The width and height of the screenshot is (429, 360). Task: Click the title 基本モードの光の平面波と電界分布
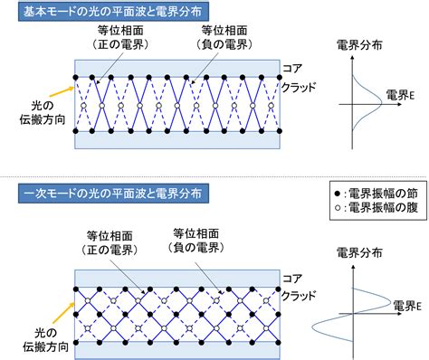pyautogui.click(x=113, y=12)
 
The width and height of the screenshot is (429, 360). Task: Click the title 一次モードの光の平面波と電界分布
pyautogui.click(x=113, y=194)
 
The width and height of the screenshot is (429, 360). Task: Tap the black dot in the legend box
pyautogui.click(x=338, y=194)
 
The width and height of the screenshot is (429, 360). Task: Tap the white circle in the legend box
pyautogui.click(x=338, y=208)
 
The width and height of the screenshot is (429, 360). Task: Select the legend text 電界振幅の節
pyautogui.click(x=383, y=194)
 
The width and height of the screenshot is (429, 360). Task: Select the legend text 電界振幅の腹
pyautogui.click(x=383, y=208)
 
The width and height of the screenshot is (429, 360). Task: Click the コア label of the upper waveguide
pyautogui.click(x=292, y=69)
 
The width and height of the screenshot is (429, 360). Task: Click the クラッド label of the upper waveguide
pyautogui.click(x=299, y=88)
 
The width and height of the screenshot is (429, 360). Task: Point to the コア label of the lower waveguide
pyautogui.click(x=292, y=279)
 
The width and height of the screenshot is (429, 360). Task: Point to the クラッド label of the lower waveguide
pyautogui.click(x=299, y=296)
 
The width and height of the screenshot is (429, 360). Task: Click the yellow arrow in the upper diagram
pyautogui.click(x=62, y=92)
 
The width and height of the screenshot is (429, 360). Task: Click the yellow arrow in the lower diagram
pyautogui.click(x=63, y=313)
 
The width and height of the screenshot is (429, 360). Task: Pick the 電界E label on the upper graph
pyautogui.click(x=400, y=95)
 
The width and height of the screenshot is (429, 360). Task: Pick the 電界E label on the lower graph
pyautogui.click(x=407, y=306)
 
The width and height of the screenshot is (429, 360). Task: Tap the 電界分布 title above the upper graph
pyautogui.click(x=359, y=45)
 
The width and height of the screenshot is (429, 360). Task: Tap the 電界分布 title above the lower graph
pyautogui.click(x=359, y=252)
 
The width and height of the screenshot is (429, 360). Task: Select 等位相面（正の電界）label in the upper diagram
pyautogui.click(x=120, y=37)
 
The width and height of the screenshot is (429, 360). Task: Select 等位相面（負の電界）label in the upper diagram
pyautogui.click(x=224, y=37)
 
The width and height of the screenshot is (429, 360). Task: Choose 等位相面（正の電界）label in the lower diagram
pyautogui.click(x=110, y=243)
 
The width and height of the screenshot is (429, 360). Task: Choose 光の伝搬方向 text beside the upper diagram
pyautogui.click(x=43, y=113)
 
